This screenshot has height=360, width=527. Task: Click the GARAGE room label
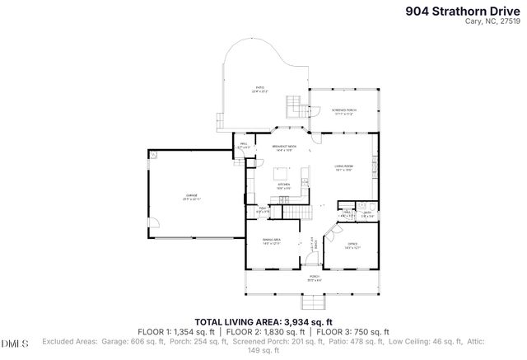tap(192, 197)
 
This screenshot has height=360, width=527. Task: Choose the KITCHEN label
tap(282, 186)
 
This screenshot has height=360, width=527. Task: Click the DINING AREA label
tap(272, 241)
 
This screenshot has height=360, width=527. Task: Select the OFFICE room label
tap(352, 245)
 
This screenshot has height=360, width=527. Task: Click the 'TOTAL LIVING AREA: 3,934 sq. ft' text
tap(263, 321)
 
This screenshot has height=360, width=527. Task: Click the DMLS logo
tap(14, 343)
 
